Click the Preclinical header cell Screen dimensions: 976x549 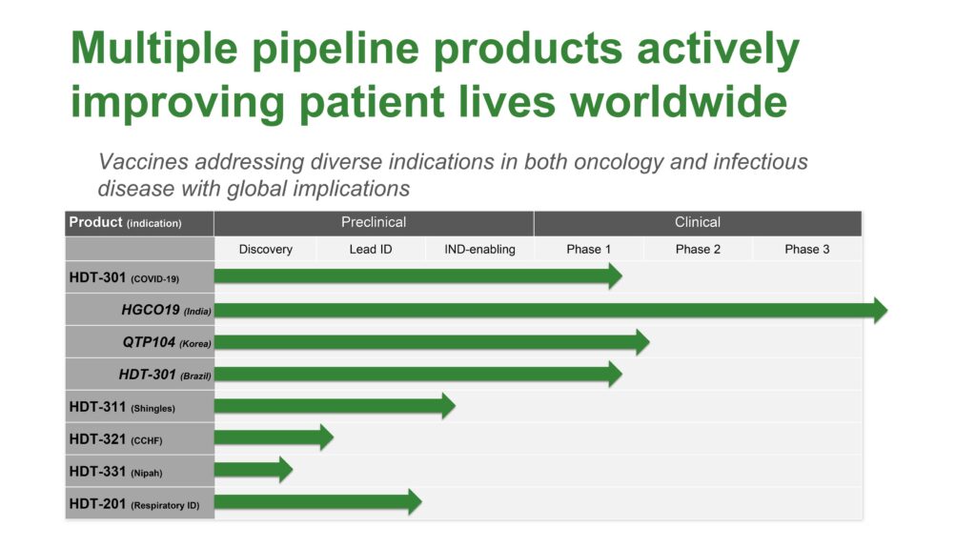pyautogui.click(x=374, y=222)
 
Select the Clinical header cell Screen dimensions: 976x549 pyautogui.click(x=698, y=222)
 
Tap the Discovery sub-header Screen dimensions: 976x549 pyautogui.click(x=266, y=249)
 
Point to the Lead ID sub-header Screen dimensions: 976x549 pyautogui.click(x=371, y=249)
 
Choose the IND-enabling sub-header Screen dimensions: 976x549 pyautogui.click(x=480, y=249)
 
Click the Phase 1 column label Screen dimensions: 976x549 pyautogui.click(x=589, y=249)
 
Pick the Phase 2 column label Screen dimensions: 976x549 pyautogui.click(x=698, y=249)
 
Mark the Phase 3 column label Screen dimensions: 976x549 pyautogui.click(x=807, y=249)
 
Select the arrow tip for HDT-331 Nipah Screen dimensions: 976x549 pyautogui.click(x=292, y=469)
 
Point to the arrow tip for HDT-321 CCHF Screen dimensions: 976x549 pyautogui.click(x=333, y=437)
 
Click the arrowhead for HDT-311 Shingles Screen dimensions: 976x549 pyautogui.click(x=455, y=406)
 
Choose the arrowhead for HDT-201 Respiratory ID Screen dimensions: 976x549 pyautogui.click(x=421, y=501)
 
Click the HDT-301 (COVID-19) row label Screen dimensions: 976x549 pyautogui.click(x=124, y=277)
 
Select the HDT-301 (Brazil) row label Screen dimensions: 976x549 pyautogui.click(x=165, y=375)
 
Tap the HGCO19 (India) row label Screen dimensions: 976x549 pyautogui.click(x=166, y=310)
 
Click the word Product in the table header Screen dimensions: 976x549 pyautogui.click(x=95, y=222)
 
